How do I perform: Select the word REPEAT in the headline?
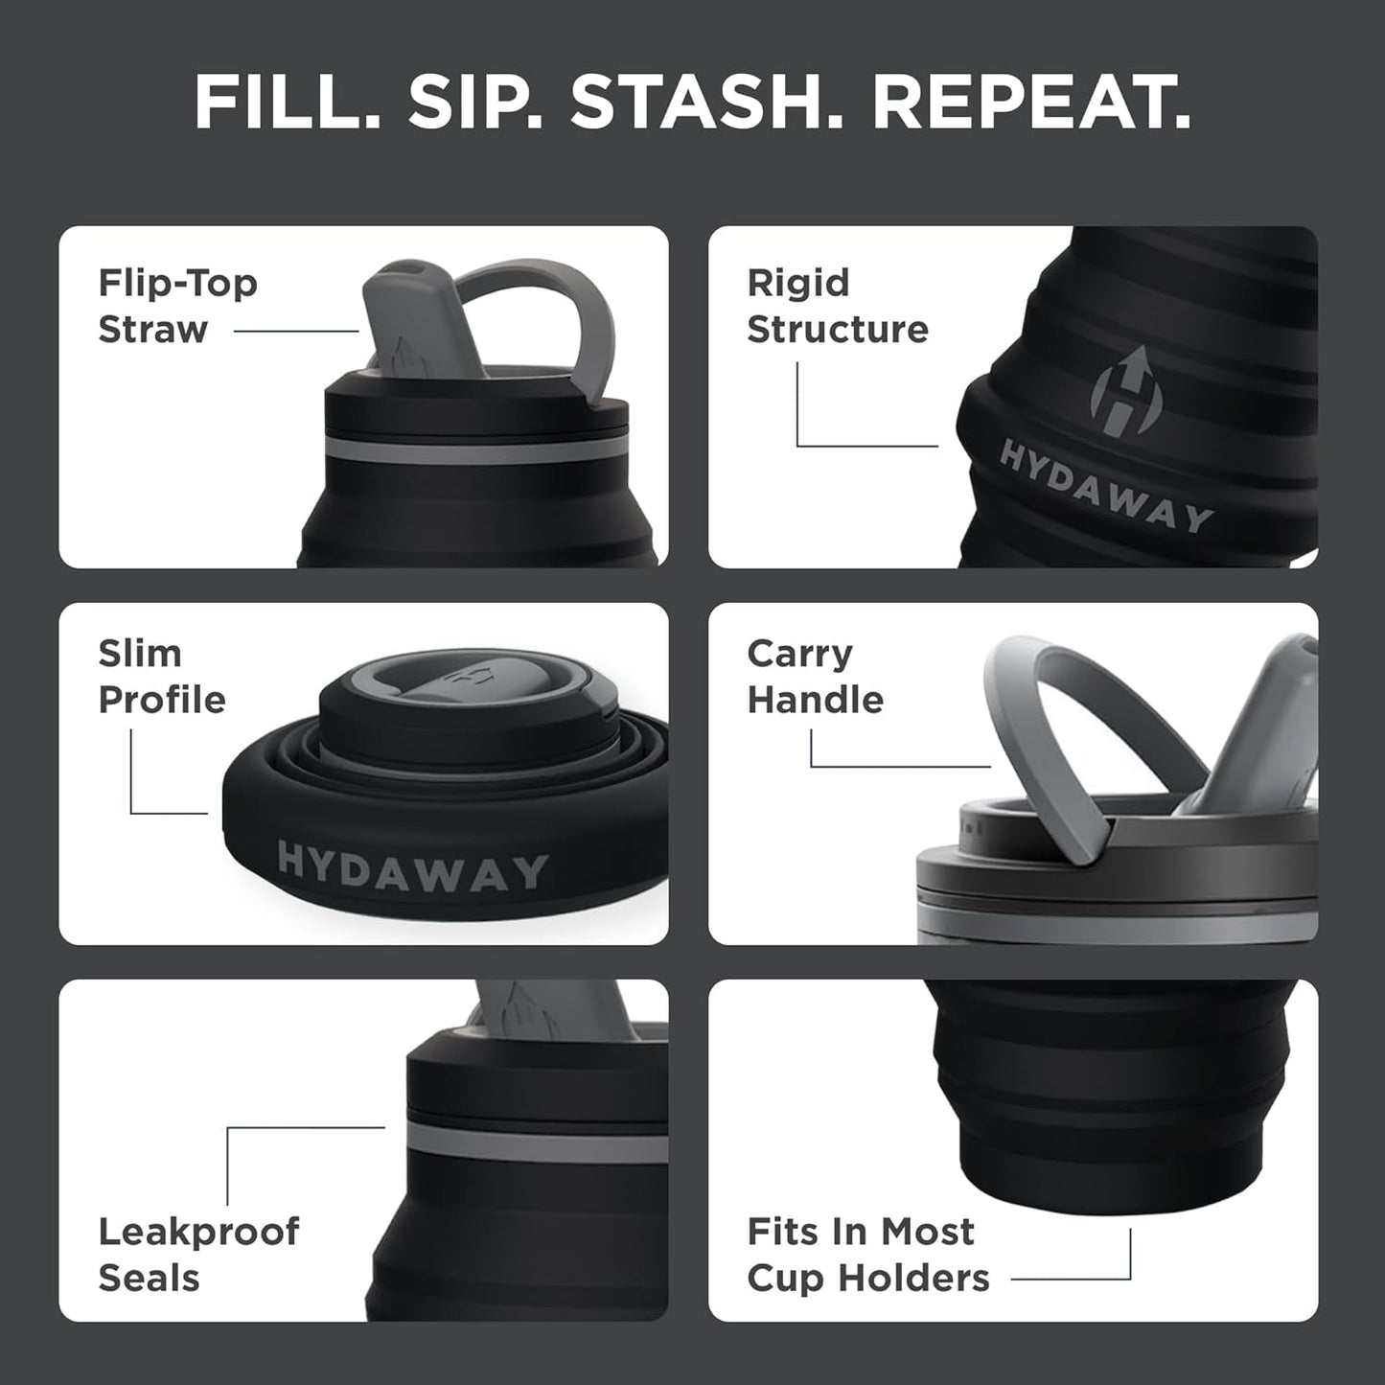[x=1030, y=102]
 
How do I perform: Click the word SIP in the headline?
[x=474, y=102]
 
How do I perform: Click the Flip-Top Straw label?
[x=177, y=306]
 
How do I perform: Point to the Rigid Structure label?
[x=837, y=306]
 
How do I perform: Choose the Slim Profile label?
[x=161, y=676]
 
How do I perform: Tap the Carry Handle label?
[x=815, y=676]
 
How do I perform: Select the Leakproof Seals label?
[x=198, y=1254]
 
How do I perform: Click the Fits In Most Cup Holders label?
[x=867, y=1254]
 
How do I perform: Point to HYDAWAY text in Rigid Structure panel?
[x=1105, y=486]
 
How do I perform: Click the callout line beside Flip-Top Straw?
[x=295, y=332]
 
